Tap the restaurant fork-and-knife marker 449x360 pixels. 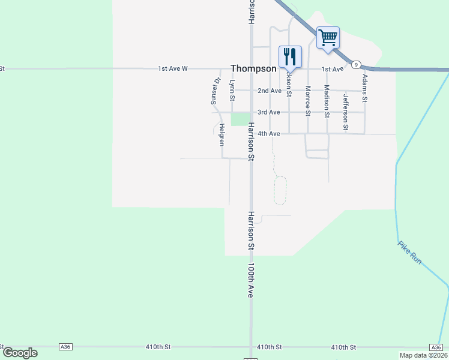290,56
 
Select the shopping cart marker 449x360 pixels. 328,37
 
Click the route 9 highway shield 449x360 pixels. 356,64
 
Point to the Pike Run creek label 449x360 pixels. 411,253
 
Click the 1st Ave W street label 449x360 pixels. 173,68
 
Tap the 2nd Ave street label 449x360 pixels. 269,91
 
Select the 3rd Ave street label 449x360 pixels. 269,112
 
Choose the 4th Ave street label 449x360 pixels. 269,134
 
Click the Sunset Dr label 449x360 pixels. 215,91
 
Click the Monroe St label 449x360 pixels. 308,100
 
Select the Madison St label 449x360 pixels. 327,101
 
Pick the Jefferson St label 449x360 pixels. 346,112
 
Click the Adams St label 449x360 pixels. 364,87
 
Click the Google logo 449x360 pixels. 20,353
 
